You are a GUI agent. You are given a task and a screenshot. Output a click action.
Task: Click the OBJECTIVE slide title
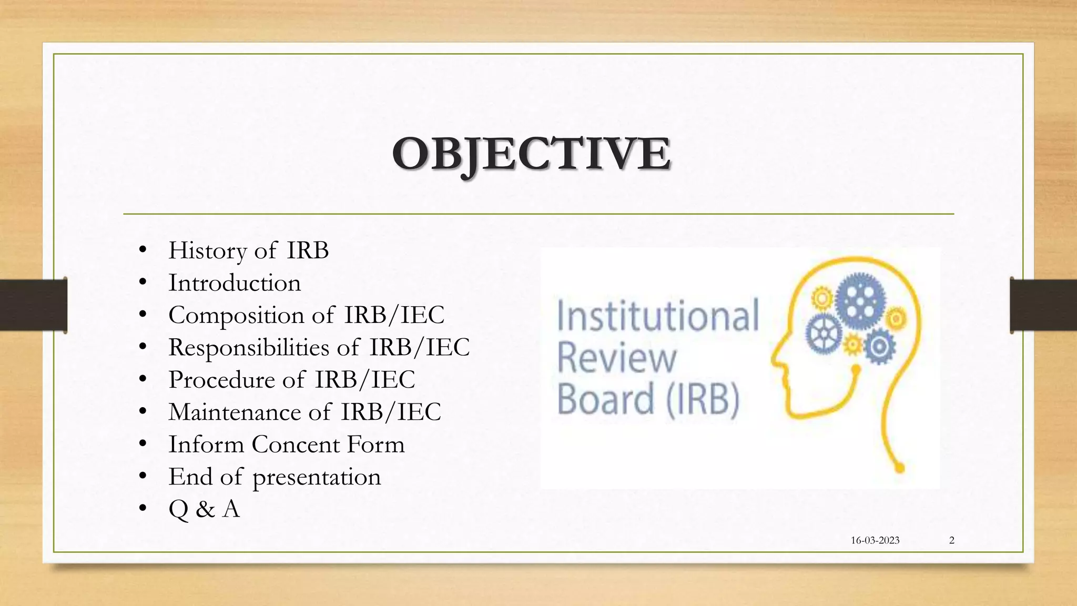point(531,154)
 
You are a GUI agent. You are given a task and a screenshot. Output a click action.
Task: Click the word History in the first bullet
point(207,250)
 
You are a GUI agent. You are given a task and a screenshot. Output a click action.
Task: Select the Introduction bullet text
point(235,283)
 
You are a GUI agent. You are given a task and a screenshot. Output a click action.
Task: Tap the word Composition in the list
point(236,316)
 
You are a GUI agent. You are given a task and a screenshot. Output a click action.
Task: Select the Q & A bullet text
point(204,509)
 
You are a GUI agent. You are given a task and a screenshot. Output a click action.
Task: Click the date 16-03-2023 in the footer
point(875,540)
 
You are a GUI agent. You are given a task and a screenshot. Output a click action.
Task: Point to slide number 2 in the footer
point(951,540)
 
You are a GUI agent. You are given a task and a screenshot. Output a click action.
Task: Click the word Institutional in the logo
point(657,316)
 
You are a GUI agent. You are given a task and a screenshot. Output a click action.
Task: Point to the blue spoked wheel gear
point(824,335)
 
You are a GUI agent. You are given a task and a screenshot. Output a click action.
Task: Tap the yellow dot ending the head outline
point(899,467)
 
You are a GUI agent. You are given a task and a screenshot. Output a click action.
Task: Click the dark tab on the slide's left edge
point(33,305)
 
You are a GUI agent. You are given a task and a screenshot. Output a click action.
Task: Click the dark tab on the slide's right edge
point(1043,305)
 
